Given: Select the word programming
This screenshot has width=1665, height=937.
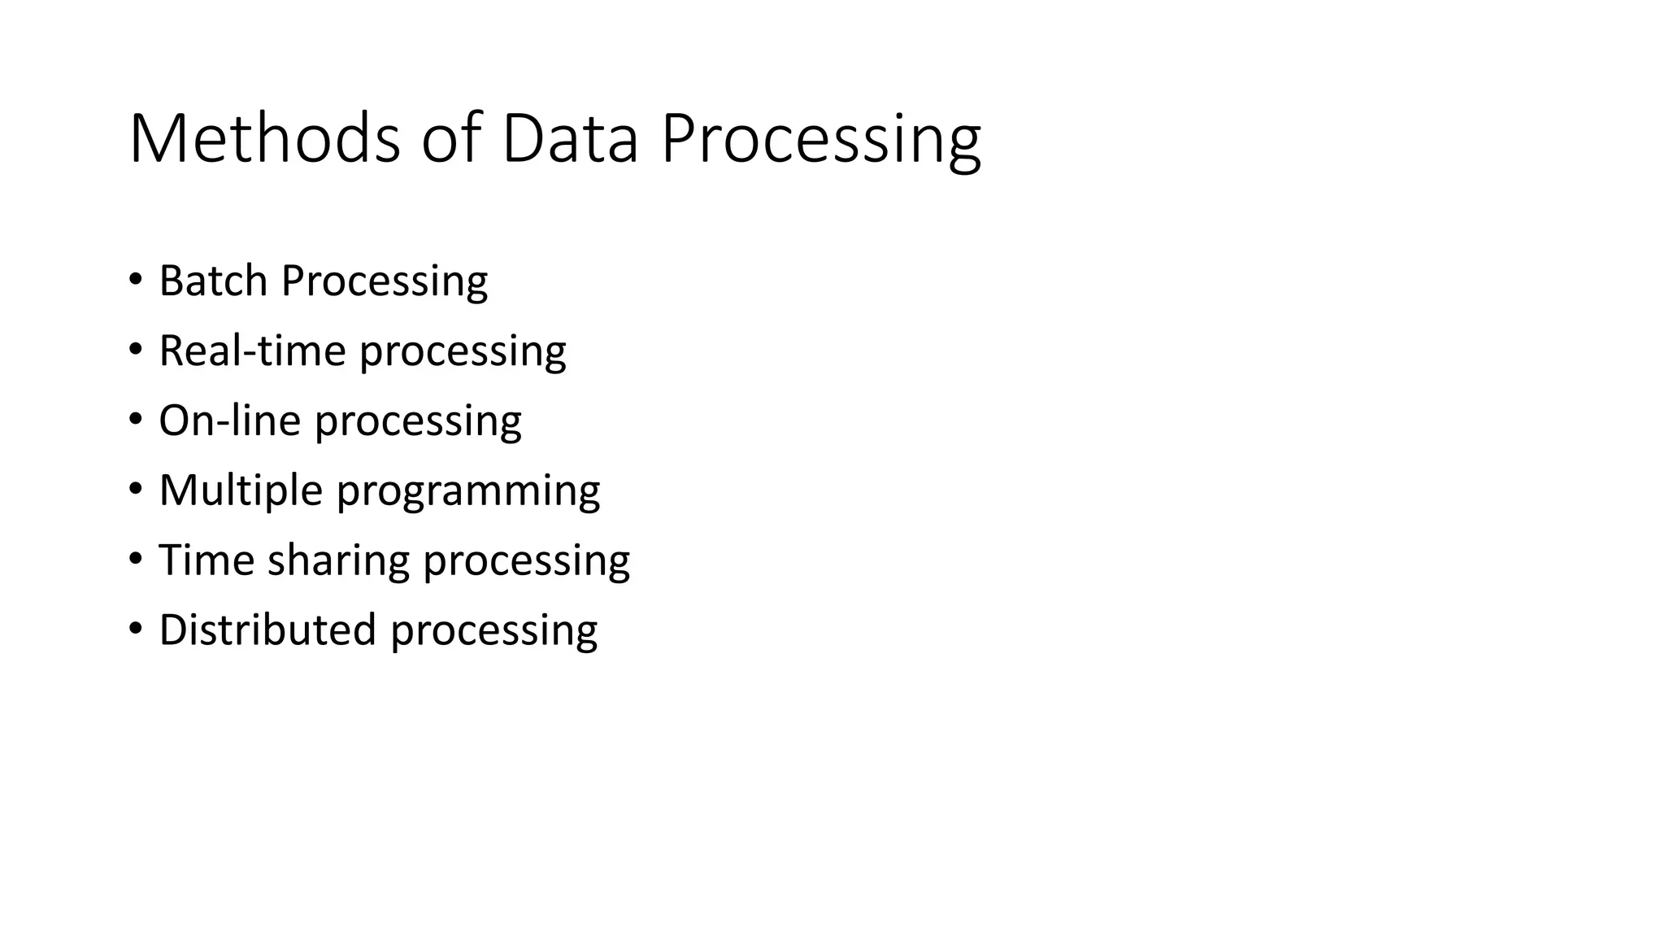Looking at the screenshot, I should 467,492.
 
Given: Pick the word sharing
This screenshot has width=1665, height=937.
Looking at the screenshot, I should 338,561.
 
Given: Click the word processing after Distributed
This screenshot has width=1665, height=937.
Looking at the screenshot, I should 493,632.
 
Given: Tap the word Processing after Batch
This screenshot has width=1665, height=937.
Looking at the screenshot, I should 384,282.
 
